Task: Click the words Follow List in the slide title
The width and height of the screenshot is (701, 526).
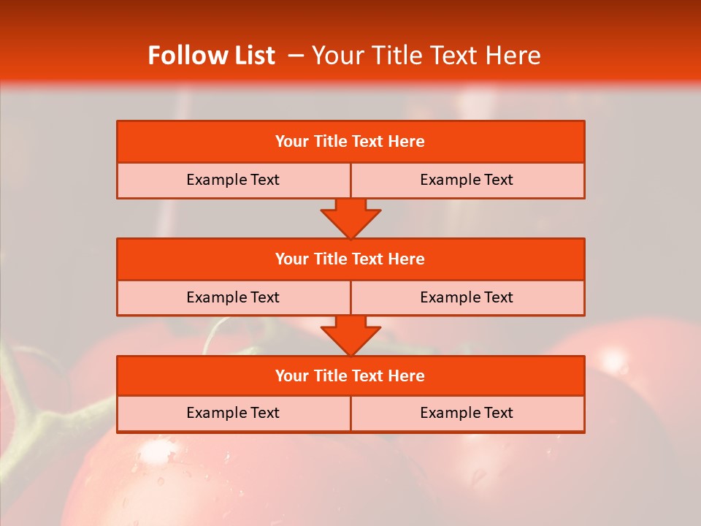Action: pos(211,56)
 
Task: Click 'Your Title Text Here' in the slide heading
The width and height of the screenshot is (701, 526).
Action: pos(426,56)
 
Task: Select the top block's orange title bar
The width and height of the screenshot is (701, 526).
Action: pos(350,142)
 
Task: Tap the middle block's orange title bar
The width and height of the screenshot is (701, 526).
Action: pos(350,259)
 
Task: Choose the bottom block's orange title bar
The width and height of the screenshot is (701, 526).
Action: pos(350,376)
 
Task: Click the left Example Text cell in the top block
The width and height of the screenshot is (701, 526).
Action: pos(233,180)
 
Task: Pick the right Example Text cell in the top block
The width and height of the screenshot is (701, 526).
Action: pos(467,180)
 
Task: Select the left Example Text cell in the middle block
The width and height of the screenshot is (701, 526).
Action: pos(233,297)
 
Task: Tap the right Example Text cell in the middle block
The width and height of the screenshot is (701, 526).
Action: pos(467,297)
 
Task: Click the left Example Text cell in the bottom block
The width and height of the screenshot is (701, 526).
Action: pos(233,413)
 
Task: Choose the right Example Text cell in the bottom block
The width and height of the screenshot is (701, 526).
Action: pos(467,413)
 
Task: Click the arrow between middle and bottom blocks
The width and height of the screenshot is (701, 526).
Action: pos(350,335)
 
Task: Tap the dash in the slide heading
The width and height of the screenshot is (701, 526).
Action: pos(296,56)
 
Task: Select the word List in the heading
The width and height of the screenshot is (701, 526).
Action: pos(250,56)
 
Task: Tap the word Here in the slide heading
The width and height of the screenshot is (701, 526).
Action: pos(515,56)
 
